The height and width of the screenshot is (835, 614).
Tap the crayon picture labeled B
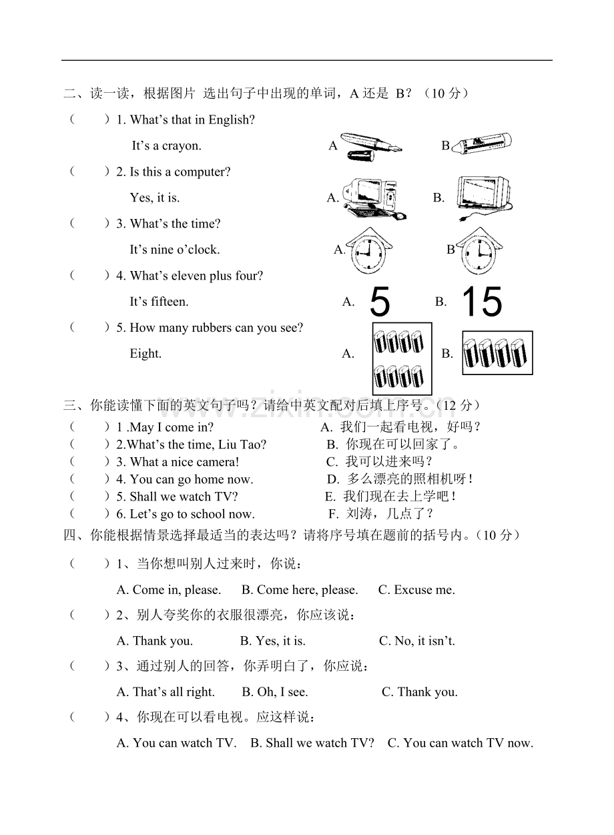[481, 144]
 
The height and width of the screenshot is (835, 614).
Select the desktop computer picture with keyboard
[374, 199]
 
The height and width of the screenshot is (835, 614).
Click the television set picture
[485, 198]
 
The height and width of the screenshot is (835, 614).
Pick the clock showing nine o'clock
[368, 251]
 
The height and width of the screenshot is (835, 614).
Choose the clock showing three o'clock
[479, 251]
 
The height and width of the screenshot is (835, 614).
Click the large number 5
[380, 302]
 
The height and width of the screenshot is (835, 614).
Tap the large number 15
[483, 302]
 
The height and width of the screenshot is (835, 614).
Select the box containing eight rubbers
[402, 358]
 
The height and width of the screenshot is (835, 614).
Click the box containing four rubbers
[497, 352]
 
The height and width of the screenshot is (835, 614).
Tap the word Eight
[145, 353]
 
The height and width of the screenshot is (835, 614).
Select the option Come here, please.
[300, 590]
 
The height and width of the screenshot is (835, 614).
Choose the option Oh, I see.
[275, 692]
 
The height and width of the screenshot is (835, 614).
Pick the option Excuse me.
[416, 590]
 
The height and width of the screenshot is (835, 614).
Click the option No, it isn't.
[417, 641]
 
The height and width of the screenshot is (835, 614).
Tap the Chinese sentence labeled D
[400, 479]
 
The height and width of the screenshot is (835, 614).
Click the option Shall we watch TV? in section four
[312, 743]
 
